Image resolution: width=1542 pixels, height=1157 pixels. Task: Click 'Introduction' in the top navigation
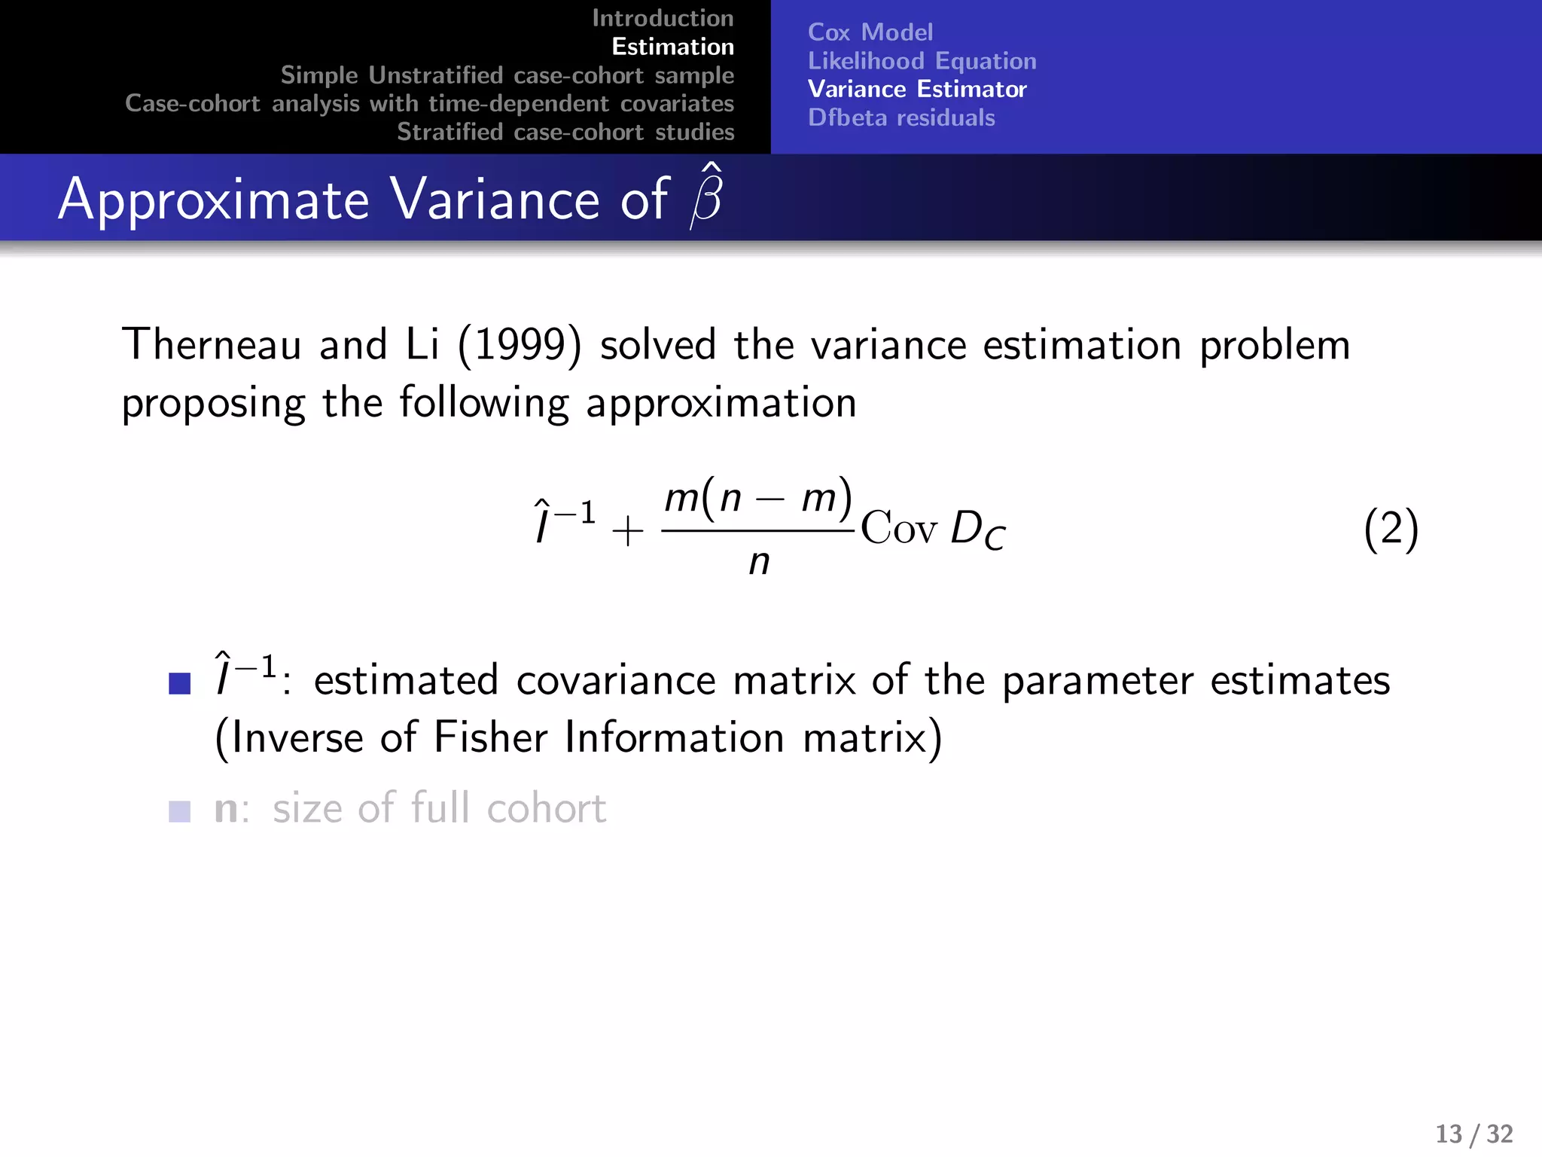663,18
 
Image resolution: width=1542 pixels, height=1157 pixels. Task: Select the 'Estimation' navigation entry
672,47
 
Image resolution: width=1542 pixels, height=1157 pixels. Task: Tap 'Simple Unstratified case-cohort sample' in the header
507,75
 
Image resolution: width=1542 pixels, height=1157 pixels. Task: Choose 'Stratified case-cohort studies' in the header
565,132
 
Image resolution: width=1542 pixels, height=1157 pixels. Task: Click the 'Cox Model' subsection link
870,32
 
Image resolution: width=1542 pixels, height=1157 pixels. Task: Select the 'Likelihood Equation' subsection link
922,61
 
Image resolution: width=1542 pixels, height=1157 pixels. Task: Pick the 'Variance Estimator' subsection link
916,90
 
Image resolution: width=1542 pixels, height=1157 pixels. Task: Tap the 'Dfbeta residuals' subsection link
901,118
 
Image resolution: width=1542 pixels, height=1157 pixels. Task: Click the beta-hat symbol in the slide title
707,197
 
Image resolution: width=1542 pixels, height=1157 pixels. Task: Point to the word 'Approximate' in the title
214,200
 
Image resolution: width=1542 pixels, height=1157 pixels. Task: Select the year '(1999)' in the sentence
520,346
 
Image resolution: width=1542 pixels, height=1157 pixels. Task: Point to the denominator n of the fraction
759,562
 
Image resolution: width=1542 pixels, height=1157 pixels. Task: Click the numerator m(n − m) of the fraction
758,498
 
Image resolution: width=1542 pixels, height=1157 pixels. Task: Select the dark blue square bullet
180,683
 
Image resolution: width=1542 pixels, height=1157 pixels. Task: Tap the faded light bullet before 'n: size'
180,811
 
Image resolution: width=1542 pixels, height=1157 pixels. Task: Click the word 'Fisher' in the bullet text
490,737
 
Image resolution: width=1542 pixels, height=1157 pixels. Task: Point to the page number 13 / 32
1473,1134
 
